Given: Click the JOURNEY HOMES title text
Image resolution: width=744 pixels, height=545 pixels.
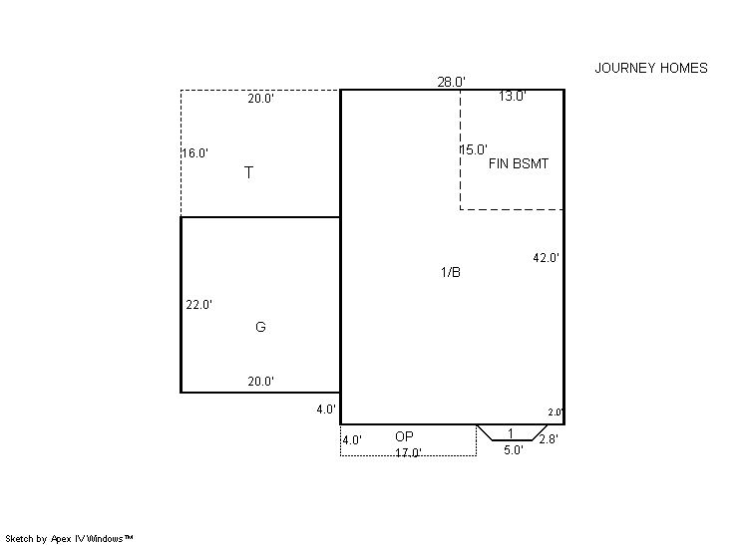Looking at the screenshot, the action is (x=651, y=68).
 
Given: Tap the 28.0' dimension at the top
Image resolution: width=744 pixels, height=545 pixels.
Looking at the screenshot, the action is (x=451, y=82).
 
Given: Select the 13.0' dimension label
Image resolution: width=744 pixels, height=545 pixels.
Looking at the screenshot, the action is (x=513, y=97).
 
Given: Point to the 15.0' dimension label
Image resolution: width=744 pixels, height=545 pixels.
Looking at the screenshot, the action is (x=475, y=149).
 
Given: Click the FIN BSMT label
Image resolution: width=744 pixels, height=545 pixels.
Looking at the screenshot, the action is (x=519, y=164).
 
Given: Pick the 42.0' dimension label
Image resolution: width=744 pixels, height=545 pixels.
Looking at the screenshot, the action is (x=547, y=258).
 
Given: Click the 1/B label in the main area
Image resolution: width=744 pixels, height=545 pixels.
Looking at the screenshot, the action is (x=451, y=272).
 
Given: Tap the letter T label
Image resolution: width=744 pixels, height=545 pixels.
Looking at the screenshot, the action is (x=248, y=172).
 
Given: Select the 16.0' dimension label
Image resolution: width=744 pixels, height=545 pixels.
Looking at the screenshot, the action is (x=195, y=153).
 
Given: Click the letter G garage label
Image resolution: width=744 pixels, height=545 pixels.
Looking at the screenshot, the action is (x=260, y=327).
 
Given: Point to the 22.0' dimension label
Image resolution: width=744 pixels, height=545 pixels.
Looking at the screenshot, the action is (x=199, y=305).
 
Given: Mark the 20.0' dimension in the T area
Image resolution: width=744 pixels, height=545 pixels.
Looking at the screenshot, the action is (x=261, y=99).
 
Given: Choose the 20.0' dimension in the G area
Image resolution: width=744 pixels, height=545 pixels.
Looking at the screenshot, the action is (x=261, y=382).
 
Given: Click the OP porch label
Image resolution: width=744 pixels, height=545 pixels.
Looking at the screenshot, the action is (x=404, y=436).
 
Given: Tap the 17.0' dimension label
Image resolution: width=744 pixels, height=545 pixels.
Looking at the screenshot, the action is (x=409, y=453).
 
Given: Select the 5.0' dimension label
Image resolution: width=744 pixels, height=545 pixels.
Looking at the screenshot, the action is (x=514, y=450).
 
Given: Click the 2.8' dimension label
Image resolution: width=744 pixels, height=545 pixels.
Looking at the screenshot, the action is (x=549, y=439).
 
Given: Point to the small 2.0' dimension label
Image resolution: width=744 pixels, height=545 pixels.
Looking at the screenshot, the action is (x=556, y=412).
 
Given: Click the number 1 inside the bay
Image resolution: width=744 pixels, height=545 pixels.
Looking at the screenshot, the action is (x=511, y=433).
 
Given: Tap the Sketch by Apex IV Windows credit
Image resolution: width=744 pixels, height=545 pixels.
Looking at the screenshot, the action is (x=69, y=539).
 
